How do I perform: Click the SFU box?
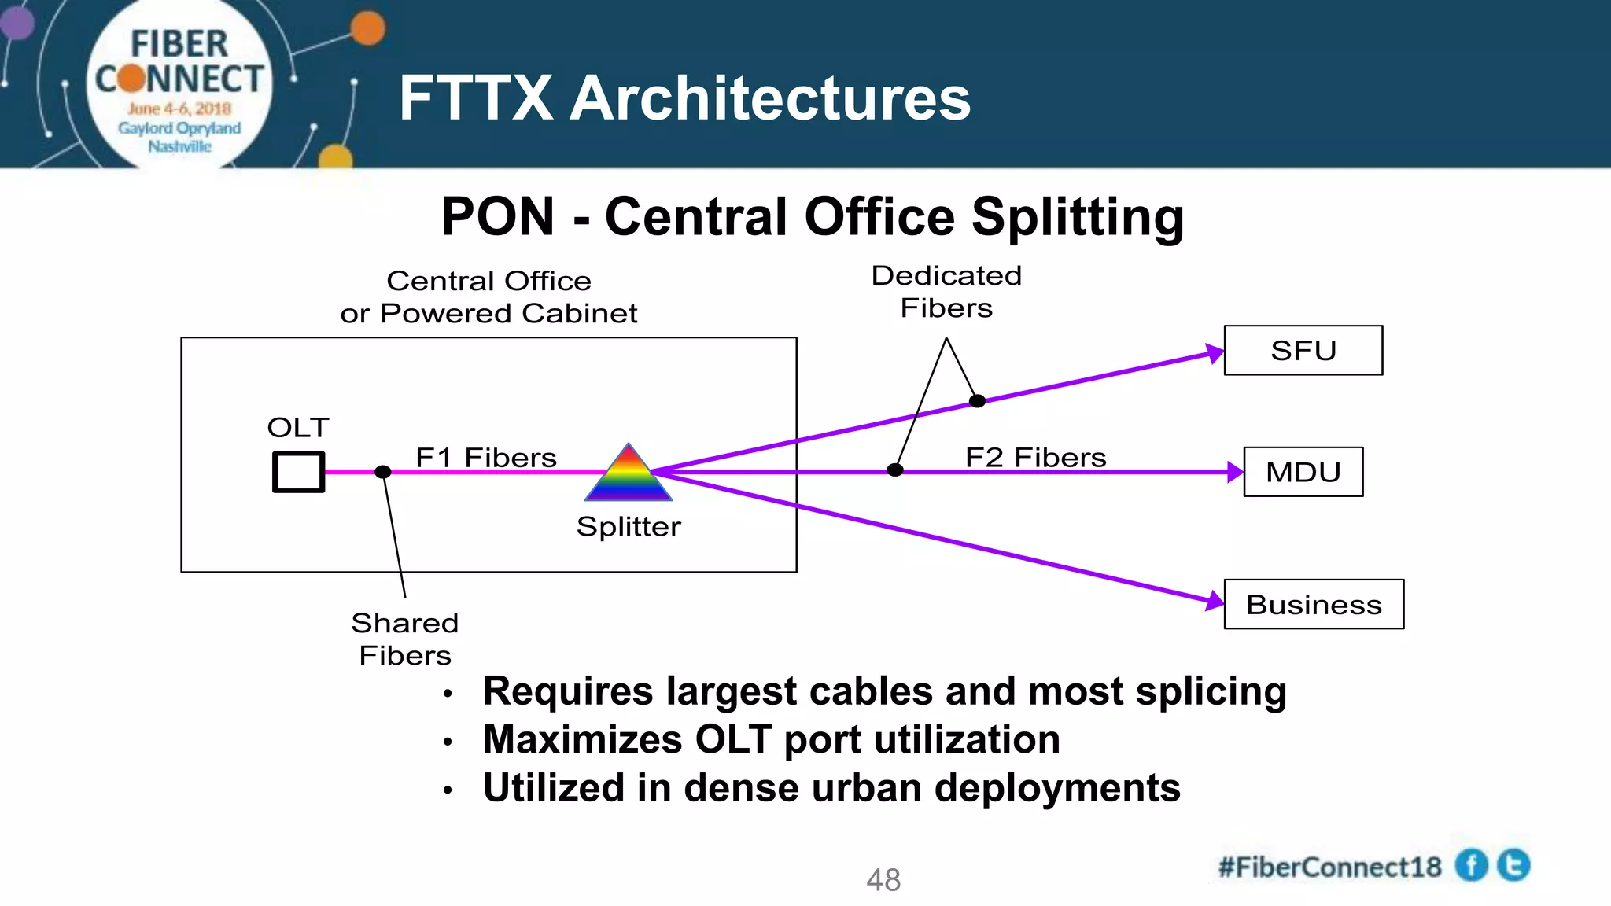click(1303, 351)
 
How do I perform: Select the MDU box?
click(1303, 472)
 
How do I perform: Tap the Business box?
click(1314, 604)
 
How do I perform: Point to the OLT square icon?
click(298, 472)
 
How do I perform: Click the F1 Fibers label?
click(485, 458)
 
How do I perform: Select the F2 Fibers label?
click(1035, 458)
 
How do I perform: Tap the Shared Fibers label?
click(404, 639)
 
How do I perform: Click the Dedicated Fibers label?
click(946, 292)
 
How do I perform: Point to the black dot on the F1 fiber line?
click(383, 472)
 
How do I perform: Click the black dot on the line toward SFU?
click(977, 401)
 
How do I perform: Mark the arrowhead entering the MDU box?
click(1235, 472)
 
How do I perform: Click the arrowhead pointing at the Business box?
click(1215, 602)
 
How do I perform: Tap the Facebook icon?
click(1471, 865)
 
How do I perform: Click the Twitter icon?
click(1513, 865)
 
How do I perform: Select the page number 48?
click(883, 880)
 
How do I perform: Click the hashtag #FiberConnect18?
click(1329, 867)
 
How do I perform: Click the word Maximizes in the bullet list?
click(582, 739)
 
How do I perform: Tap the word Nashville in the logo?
click(179, 146)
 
